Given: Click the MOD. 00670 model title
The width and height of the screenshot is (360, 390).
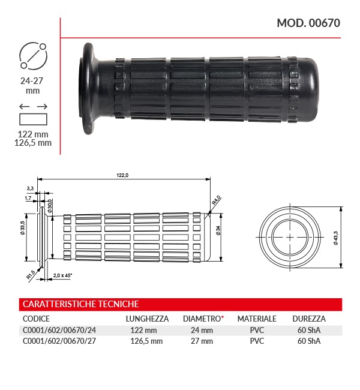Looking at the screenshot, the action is click(x=308, y=23).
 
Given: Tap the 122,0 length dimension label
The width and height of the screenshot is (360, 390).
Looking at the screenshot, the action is click(x=122, y=175).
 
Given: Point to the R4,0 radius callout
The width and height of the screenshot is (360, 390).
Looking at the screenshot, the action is click(x=216, y=200).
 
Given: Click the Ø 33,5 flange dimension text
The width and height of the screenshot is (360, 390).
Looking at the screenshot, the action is click(x=23, y=228).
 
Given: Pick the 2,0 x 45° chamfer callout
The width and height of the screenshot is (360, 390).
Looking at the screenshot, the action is click(x=62, y=275).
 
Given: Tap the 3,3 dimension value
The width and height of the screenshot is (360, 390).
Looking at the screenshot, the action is click(x=30, y=188).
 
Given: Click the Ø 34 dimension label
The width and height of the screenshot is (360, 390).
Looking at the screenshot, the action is click(x=218, y=230).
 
